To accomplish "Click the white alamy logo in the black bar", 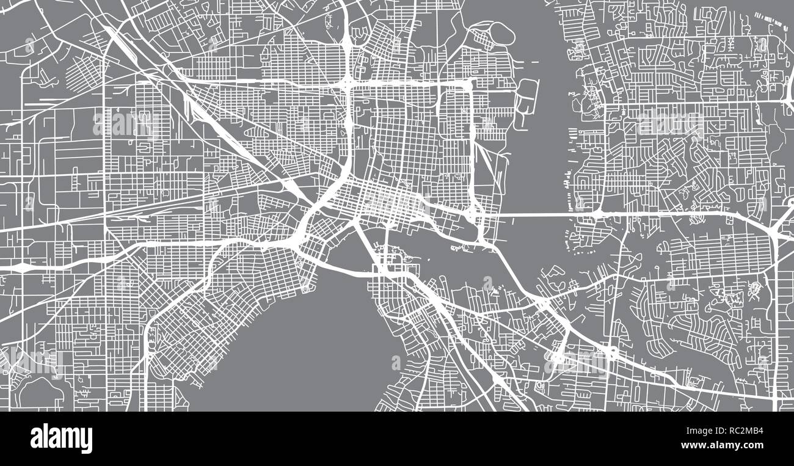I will tap(61, 439).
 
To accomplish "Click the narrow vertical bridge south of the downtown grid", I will tap(386, 244).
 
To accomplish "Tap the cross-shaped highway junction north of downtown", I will tap(347, 82).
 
